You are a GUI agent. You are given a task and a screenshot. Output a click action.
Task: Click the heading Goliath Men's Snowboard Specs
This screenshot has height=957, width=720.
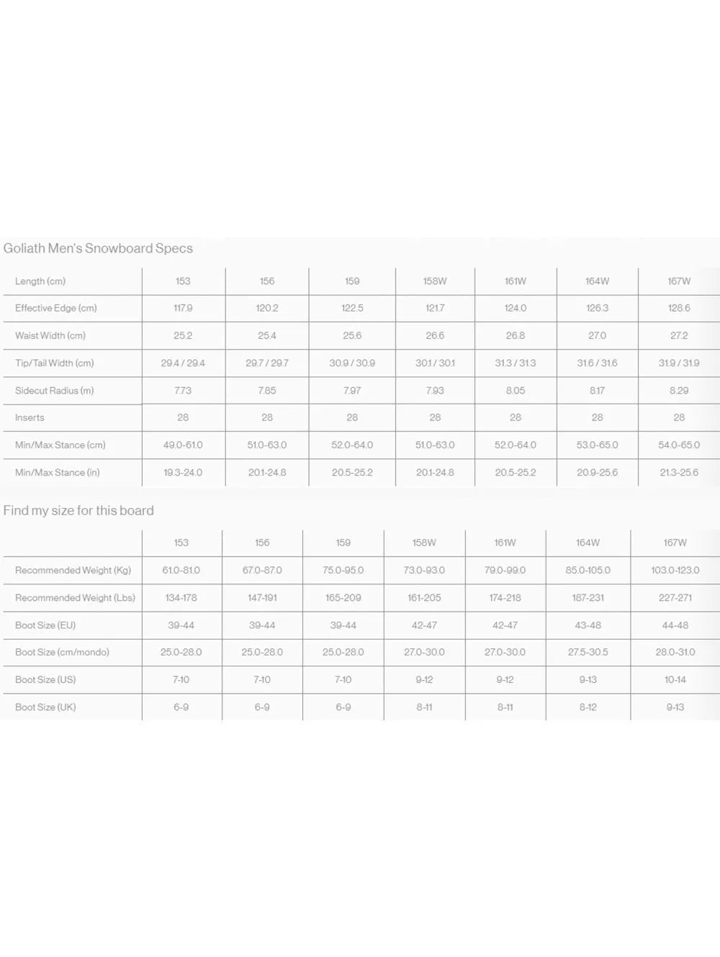pyautogui.click(x=98, y=248)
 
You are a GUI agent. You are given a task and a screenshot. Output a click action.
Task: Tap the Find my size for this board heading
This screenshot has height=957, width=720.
pyautogui.click(x=78, y=511)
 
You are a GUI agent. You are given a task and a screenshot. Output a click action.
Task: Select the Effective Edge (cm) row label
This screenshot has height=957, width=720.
pyautogui.click(x=55, y=308)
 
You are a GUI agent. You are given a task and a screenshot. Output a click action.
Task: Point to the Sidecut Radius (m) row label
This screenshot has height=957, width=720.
pyautogui.click(x=54, y=391)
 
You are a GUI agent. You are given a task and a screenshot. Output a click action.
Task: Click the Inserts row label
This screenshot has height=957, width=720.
pyautogui.click(x=30, y=418)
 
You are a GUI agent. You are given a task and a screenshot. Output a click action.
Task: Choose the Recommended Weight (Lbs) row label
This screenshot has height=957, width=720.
pyautogui.click(x=75, y=598)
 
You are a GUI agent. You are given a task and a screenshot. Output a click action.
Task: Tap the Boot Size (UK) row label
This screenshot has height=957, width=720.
pyautogui.click(x=45, y=707)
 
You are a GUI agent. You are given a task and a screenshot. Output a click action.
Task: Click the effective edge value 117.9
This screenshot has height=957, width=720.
pyautogui.click(x=183, y=308)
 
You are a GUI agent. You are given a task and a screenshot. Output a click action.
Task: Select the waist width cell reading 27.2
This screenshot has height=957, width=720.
pyautogui.click(x=679, y=335)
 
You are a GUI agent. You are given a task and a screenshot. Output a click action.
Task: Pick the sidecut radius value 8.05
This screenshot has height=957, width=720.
pyautogui.click(x=516, y=391)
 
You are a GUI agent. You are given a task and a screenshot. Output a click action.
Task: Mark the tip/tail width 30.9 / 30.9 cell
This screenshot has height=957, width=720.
pyautogui.click(x=352, y=363)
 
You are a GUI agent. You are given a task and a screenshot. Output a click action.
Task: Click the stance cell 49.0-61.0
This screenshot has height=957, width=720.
pyautogui.click(x=183, y=445)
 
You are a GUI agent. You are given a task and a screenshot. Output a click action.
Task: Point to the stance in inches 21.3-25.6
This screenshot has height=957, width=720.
pyautogui.click(x=679, y=473)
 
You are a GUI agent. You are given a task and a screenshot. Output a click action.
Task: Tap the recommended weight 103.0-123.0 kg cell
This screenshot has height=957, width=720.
pyautogui.click(x=675, y=571)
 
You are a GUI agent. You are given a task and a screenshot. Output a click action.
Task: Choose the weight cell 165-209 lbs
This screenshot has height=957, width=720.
pyautogui.click(x=343, y=598)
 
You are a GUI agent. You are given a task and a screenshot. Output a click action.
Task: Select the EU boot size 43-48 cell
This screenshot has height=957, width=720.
pyautogui.click(x=588, y=625)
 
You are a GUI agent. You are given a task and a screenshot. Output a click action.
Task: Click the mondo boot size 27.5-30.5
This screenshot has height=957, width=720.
pyautogui.click(x=588, y=653)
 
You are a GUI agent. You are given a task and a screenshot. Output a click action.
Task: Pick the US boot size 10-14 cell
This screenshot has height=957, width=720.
pyautogui.click(x=675, y=680)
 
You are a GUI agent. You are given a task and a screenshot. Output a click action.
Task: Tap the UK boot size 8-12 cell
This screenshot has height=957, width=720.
pyautogui.click(x=588, y=707)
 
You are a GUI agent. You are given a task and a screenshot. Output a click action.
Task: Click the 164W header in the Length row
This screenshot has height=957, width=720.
pyautogui.click(x=598, y=281)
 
